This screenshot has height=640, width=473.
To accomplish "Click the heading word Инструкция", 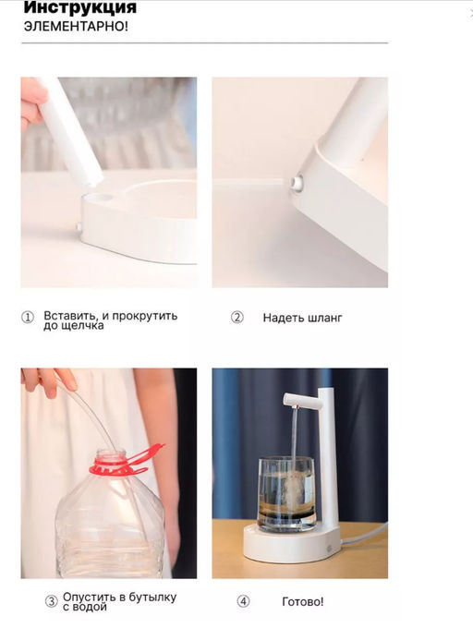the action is click(x=80, y=7).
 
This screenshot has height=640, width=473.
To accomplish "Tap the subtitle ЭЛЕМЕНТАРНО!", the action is click(x=76, y=27).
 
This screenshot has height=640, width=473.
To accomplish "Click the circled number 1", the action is click(x=28, y=317).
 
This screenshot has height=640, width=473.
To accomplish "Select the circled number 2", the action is click(x=237, y=317).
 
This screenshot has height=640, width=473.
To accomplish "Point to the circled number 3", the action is click(x=51, y=601).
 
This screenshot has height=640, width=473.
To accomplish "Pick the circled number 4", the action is click(x=244, y=601).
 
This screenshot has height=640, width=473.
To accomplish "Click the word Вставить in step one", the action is click(x=71, y=316).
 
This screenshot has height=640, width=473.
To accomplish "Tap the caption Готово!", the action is click(x=303, y=601).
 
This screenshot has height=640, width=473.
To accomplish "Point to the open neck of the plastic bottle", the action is click(x=111, y=453).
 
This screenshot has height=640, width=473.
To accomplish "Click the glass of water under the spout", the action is click(x=285, y=494).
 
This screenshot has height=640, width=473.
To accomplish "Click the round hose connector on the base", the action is click(x=297, y=183).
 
